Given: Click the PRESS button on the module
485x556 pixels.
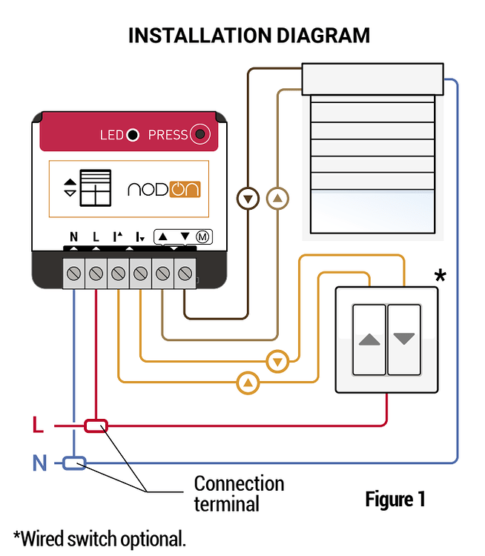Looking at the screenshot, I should point(200,134).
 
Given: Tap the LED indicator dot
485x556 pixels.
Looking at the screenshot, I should point(133,135).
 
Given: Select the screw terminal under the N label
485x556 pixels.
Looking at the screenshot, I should point(73,274).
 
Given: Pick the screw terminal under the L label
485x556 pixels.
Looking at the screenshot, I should point(96,274).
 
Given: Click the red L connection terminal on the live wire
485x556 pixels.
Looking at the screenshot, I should point(96,426).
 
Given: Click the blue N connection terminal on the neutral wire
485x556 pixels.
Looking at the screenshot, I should point(73,463).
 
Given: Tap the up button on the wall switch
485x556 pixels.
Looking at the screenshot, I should point(369,340).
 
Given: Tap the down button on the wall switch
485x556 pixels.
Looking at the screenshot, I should point(404,340).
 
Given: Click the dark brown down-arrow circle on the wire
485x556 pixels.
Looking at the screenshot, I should point(248,199).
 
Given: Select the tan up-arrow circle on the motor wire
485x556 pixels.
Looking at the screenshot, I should point(277,199).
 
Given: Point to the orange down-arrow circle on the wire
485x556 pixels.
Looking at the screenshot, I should point(277,362).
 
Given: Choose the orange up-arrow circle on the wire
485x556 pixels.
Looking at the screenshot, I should point(248,383).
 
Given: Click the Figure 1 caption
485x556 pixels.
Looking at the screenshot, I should point(395,499).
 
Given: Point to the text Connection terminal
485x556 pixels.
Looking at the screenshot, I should point(239,494).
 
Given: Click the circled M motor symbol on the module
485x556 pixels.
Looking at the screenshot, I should point(202,236).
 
